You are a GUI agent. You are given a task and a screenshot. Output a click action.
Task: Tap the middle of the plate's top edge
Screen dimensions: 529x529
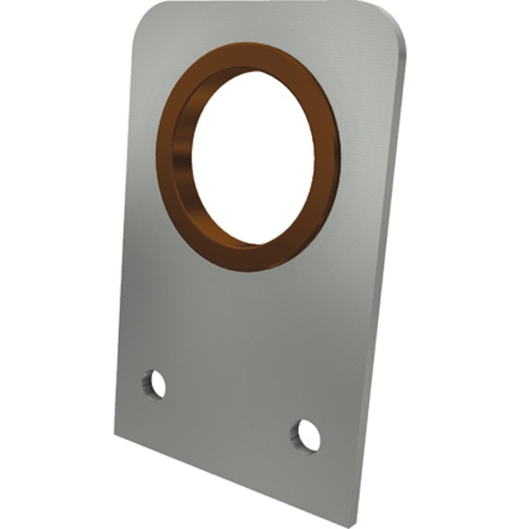(x=264, y=5)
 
